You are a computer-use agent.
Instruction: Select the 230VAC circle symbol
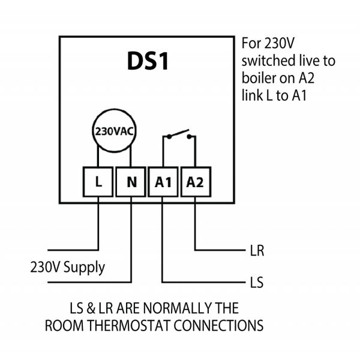(x=114, y=130)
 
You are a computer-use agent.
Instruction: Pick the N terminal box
(x=131, y=181)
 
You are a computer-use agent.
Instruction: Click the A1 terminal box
(x=163, y=181)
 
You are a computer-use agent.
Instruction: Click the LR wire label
(x=256, y=250)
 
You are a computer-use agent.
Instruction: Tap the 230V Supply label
(x=67, y=267)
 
